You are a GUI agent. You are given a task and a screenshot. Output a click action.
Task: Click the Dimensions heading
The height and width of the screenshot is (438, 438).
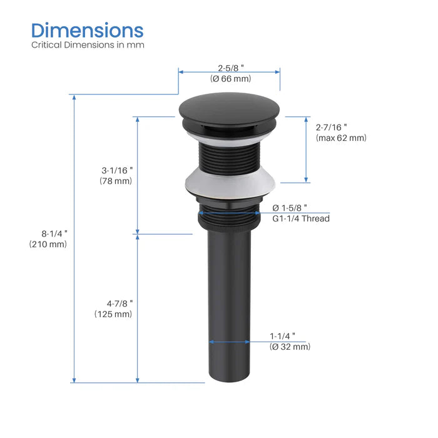pos(88,30)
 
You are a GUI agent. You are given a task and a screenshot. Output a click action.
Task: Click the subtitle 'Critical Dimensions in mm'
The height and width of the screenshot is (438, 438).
pos(88,45)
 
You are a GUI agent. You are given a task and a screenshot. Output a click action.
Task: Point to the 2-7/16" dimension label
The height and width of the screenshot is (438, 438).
pos(332,126)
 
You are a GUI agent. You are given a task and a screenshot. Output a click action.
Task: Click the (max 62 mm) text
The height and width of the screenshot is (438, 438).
pos(341,138)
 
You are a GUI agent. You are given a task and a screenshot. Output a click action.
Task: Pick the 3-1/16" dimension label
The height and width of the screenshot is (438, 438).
pos(118,170)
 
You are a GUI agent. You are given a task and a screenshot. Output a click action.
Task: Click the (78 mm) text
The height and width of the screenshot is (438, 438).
pos(116,181)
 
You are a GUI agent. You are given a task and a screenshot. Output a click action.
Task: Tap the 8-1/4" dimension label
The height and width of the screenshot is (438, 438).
pos(53,233)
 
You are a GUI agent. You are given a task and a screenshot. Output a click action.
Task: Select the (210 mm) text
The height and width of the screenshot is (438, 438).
pos(48,245)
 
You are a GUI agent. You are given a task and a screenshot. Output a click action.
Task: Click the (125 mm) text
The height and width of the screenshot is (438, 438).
pos(113,314)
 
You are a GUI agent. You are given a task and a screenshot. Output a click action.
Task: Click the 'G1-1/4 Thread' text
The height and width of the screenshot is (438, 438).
pos(300,218)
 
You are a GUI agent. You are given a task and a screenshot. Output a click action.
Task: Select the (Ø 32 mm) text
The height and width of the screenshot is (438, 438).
pos(290,347)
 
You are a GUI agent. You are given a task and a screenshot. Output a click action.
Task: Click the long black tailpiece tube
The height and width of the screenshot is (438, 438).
pos(229,300)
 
